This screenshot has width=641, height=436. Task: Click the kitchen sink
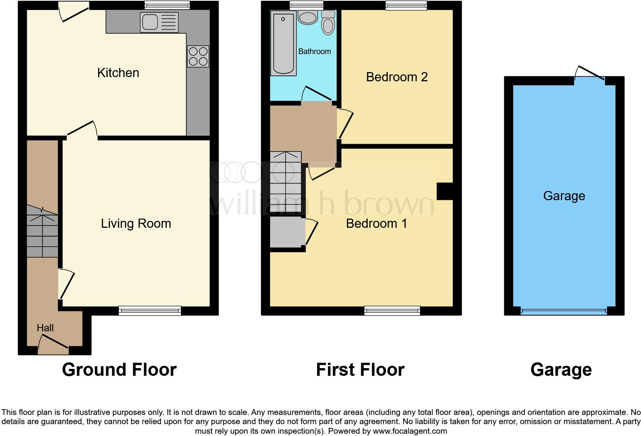159,22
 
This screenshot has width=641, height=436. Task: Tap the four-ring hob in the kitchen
198,56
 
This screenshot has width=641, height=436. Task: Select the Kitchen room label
118,73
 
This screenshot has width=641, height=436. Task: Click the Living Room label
136,224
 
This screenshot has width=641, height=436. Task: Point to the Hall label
45,328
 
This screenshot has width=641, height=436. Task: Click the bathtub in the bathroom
284,43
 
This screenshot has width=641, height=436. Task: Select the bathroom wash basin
307,17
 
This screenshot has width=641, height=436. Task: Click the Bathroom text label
314,51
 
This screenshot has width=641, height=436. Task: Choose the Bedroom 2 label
397,77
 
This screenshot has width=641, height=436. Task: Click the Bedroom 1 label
376,224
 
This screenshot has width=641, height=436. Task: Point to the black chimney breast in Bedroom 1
445,191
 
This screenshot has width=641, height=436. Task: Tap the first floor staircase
286,182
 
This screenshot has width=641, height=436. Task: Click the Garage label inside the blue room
564,196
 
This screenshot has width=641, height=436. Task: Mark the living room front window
150,311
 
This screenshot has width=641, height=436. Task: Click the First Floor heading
360,370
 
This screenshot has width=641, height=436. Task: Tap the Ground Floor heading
119,370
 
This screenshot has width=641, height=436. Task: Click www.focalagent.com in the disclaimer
410,431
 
